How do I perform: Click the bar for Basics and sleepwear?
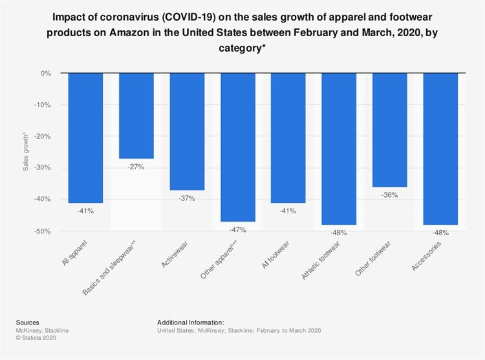[136, 116]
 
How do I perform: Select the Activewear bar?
[187, 132]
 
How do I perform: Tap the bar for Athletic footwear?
[339, 149]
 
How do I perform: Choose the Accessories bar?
[440, 149]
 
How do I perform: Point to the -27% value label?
[136, 167]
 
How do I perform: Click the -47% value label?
[237, 229]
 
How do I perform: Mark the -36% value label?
[389, 195]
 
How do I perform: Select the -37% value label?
[187, 198]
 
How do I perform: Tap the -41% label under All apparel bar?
[85, 211]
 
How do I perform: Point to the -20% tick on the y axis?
[43, 136]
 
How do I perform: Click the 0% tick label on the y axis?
[46, 74]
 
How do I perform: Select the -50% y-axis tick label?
[43, 231]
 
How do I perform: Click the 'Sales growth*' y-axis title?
[26, 152]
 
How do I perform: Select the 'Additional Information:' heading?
[190, 322]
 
